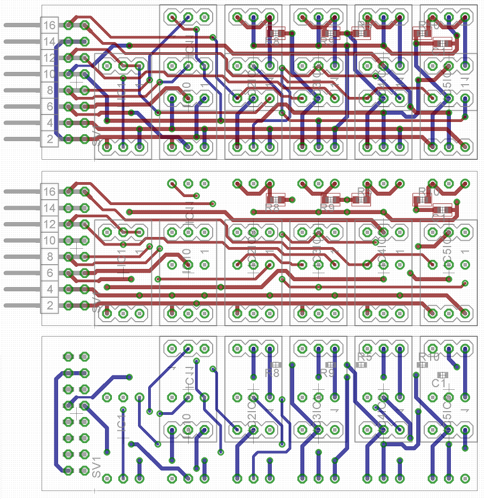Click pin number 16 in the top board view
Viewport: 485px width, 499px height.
click(50, 25)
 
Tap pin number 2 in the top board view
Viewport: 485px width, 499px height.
click(50, 140)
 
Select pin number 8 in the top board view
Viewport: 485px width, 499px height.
click(50, 91)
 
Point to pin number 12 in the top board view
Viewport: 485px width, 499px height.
click(50, 58)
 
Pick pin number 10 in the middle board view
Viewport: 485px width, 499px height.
click(50, 240)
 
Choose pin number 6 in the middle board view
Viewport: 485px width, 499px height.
click(50, 273)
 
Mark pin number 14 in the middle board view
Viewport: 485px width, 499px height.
click(50, 208)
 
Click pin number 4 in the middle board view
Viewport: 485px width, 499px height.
click(50, 290)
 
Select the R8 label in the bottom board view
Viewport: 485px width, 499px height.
click(272, 373)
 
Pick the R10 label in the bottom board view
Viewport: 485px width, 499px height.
click(429, 356)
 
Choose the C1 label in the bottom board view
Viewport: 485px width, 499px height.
click(439, 383)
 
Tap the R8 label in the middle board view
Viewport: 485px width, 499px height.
click(272, 208)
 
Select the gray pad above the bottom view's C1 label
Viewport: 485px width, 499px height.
click(442, 374)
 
